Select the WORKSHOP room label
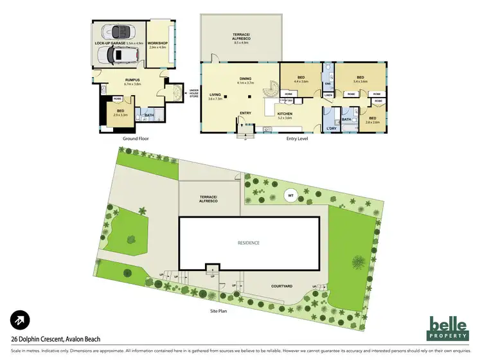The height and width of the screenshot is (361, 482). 157,44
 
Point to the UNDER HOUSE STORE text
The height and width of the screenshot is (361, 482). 193,94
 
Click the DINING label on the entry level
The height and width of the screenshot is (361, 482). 246,78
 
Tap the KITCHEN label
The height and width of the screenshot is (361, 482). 284,116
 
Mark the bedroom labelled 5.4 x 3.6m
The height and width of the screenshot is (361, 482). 360,78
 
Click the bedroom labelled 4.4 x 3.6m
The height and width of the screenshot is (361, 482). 301,78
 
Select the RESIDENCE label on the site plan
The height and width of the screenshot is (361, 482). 248,243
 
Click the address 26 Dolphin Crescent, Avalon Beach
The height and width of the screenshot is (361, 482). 55,340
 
